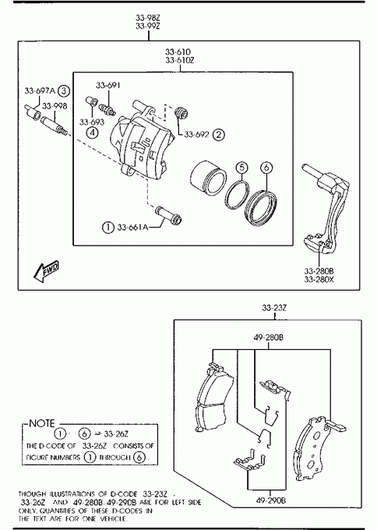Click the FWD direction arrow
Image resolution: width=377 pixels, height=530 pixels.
(x=46, y=270)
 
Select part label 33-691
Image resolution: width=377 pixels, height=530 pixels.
(x=107, y=85)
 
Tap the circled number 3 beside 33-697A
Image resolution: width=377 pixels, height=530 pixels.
(x=64, y=91)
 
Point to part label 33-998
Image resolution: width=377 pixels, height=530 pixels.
(x=55, y=106)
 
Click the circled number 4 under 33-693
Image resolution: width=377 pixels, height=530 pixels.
(x=92, y=132)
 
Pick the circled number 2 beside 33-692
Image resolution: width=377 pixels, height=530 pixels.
(x=219, y=135)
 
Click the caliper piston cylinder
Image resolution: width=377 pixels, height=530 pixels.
(x=207, y=178)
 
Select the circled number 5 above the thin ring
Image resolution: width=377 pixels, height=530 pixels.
(x=242, y=168)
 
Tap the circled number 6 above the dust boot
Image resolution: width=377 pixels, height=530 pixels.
(x=266, y=168)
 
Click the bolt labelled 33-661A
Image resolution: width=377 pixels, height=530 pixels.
(x=168, y=215)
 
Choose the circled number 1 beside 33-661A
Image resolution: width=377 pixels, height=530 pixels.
(x=107, y=227)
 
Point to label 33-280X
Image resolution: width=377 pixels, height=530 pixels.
(x=319, y=280)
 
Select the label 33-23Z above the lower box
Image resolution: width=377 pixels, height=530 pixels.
(x=274, y=308)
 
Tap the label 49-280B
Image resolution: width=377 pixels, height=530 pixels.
(x=269, y=337)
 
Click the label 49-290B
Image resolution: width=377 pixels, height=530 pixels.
(x=270, y=500)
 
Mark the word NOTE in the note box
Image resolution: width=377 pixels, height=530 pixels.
(x=42, y=423)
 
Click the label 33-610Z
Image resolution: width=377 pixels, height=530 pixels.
(x=180, y=61)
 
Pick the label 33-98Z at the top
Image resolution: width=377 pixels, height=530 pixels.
(x=148, y=18)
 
